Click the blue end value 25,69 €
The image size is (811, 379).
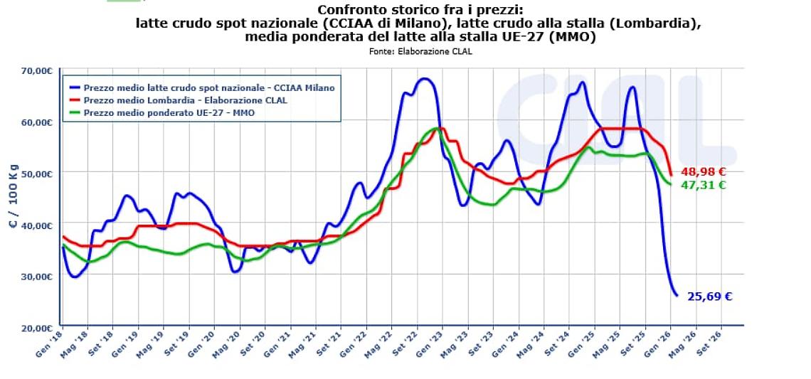coord(709,297)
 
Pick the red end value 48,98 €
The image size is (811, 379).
coord(703,171)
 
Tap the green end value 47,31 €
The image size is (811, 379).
coord(703,185)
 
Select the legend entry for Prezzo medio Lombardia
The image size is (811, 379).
coord(185,100)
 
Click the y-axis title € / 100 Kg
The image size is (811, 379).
coord(14,199)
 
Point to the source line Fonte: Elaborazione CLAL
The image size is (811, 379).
coord(420,51)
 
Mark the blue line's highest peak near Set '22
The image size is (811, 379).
coord(425,78)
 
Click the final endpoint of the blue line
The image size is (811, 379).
coord(677,295)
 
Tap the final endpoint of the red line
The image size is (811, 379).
coord(671,175)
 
